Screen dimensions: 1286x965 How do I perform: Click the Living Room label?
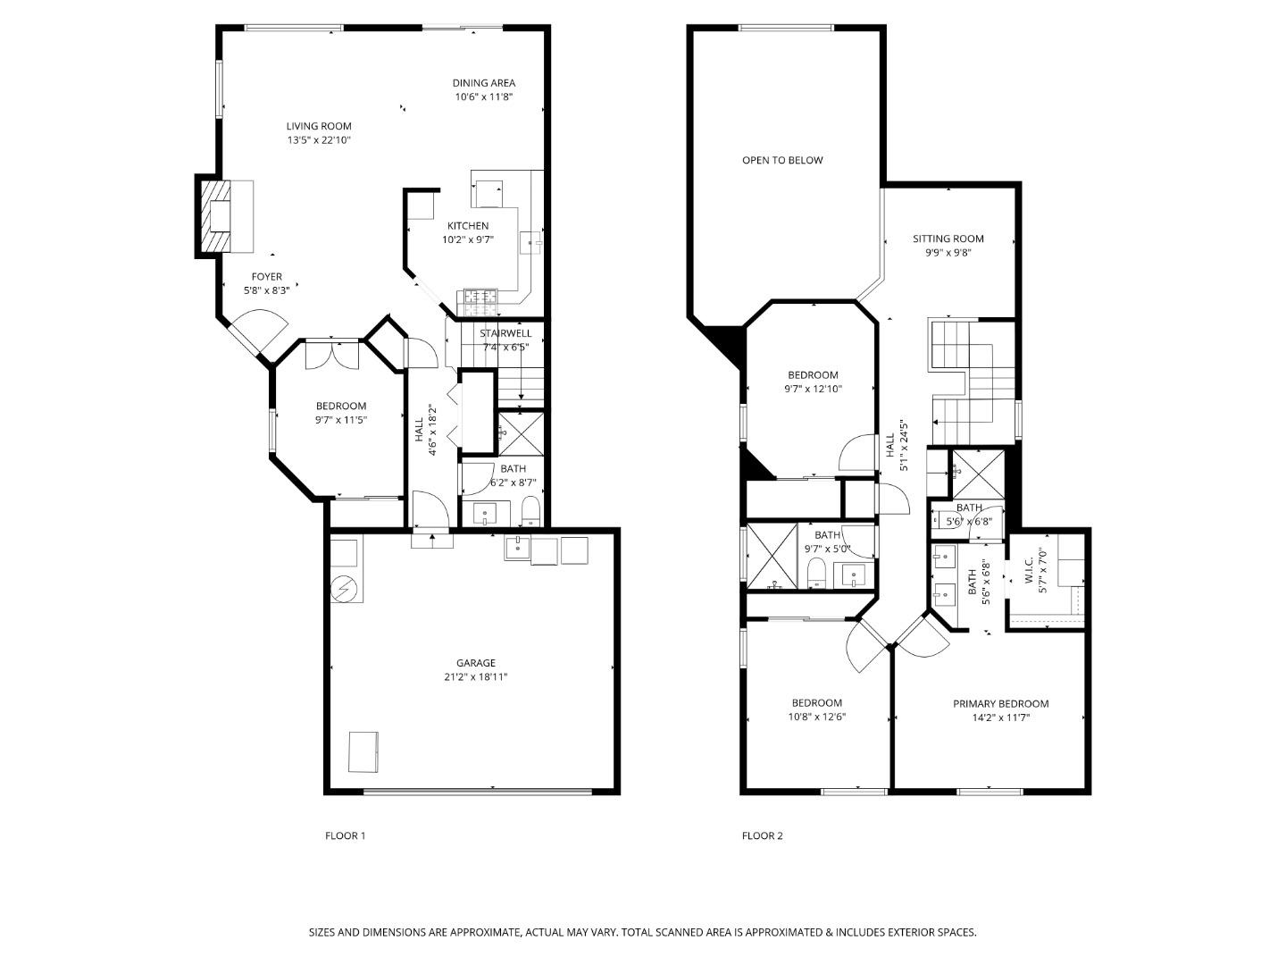(x=319, y=126)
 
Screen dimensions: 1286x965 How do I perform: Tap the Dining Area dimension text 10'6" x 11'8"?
(x=483, y=97)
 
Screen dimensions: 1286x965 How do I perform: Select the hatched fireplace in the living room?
(x=214, y=215)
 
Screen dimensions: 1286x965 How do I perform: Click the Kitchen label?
(x=468, y=225)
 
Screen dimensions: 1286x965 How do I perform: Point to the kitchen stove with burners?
(x=481, y=302)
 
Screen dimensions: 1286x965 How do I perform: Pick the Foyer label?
(x=266, y=277)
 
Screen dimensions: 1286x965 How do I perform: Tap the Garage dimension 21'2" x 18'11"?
(x=476, y=676)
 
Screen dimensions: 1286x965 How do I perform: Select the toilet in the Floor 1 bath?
(x=530, y=511)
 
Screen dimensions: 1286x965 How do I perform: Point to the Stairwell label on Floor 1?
(x=505, y=333)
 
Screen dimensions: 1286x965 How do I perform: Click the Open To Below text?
(x=782, y=160)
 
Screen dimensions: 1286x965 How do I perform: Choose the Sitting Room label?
(x=948, y=239)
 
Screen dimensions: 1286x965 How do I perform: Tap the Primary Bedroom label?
(x=1001, y=704)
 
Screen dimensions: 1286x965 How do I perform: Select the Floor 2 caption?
(x=763, y=835)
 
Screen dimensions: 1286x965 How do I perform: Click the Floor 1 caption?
(x=345, y=835)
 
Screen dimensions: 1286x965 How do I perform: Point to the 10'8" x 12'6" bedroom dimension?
(x=817, y=717)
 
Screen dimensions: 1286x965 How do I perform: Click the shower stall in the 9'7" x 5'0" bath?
(x=772, y=556)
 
